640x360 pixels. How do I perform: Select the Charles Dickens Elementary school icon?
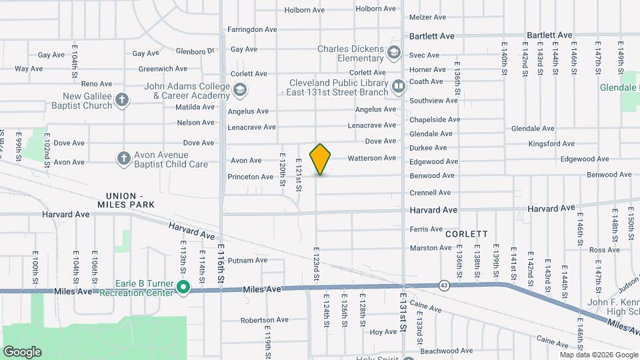click(x=395, y=52)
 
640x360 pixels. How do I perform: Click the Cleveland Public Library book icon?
click(x=398, y=86)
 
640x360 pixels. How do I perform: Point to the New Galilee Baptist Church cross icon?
click(x=121, y=100)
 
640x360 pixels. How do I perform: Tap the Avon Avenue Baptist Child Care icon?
click(x=123, y=158)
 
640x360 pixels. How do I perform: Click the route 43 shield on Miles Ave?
click(x=443, y=285)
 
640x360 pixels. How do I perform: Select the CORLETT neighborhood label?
click(x=466, y=234)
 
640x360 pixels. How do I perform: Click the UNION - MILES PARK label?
click(x=130, y=199)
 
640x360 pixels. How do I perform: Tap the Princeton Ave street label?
click(x=251, y=177)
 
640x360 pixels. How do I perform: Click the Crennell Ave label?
click(x=431, y=193)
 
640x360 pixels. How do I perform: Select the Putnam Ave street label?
click(x=247, y=260)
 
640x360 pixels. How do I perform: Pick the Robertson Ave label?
click(x=263, y=320)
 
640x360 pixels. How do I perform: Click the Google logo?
click(x=22, y=351)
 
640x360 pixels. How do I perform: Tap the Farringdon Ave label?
click(x=252, y=29)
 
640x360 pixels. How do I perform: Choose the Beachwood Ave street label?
click(x=446, y=351)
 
